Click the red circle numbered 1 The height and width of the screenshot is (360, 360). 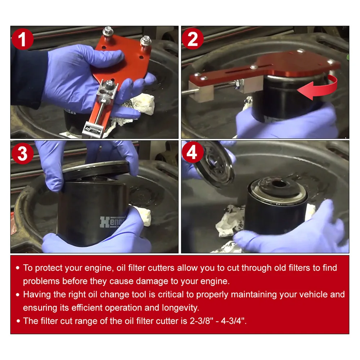point(22,39)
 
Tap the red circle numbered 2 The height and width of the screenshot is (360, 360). point(193,39)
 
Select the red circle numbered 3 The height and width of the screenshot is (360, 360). point(22,153)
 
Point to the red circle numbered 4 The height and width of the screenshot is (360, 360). point(192,152)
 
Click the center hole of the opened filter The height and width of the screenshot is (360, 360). point(279,184)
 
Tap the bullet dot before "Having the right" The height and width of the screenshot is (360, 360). point(18,295)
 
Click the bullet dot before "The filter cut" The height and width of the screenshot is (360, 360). point(18,321)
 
